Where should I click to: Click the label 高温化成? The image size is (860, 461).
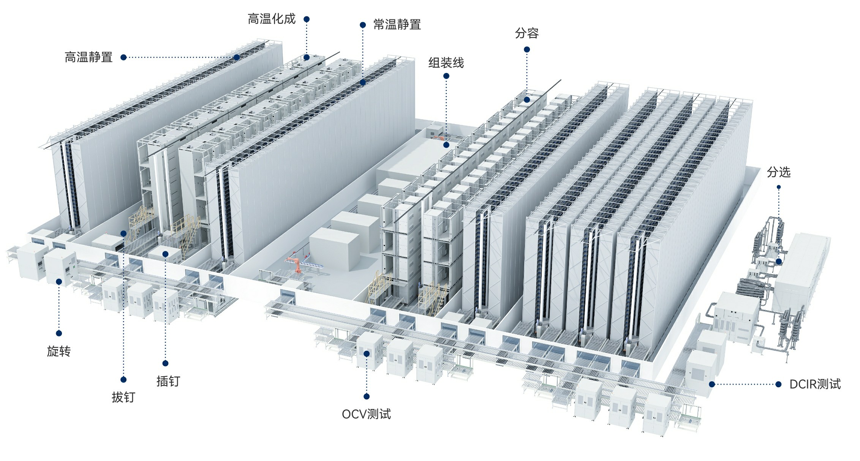point(271,19)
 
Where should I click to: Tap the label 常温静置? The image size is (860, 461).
point(397,25)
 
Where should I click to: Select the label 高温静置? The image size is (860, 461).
point(89,57)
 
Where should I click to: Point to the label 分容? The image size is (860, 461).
point(526,33)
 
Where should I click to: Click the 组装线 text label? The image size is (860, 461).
point(446,63)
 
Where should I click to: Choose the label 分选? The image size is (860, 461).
point(778,172)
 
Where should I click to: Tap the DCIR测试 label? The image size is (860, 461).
point(815,384)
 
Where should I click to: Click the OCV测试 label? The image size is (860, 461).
point(366,414)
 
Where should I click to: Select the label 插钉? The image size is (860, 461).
point(168,381)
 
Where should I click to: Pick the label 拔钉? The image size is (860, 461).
point(123,397)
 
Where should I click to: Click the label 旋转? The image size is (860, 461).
point(58,351)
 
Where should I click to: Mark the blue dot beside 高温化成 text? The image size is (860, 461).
point(307,19)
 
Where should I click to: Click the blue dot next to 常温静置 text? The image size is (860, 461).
point(363,25)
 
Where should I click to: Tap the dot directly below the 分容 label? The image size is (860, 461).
point(526,49)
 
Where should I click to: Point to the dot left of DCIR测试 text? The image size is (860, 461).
point(778,384)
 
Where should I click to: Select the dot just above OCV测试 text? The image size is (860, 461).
point(366,396)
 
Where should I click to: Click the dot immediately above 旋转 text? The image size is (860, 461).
point(58,333)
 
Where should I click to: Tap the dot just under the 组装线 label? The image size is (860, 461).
point(446,76)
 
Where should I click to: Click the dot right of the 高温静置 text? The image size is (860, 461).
point(123,57)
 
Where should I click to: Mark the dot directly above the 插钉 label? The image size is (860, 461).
point(165,363)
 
